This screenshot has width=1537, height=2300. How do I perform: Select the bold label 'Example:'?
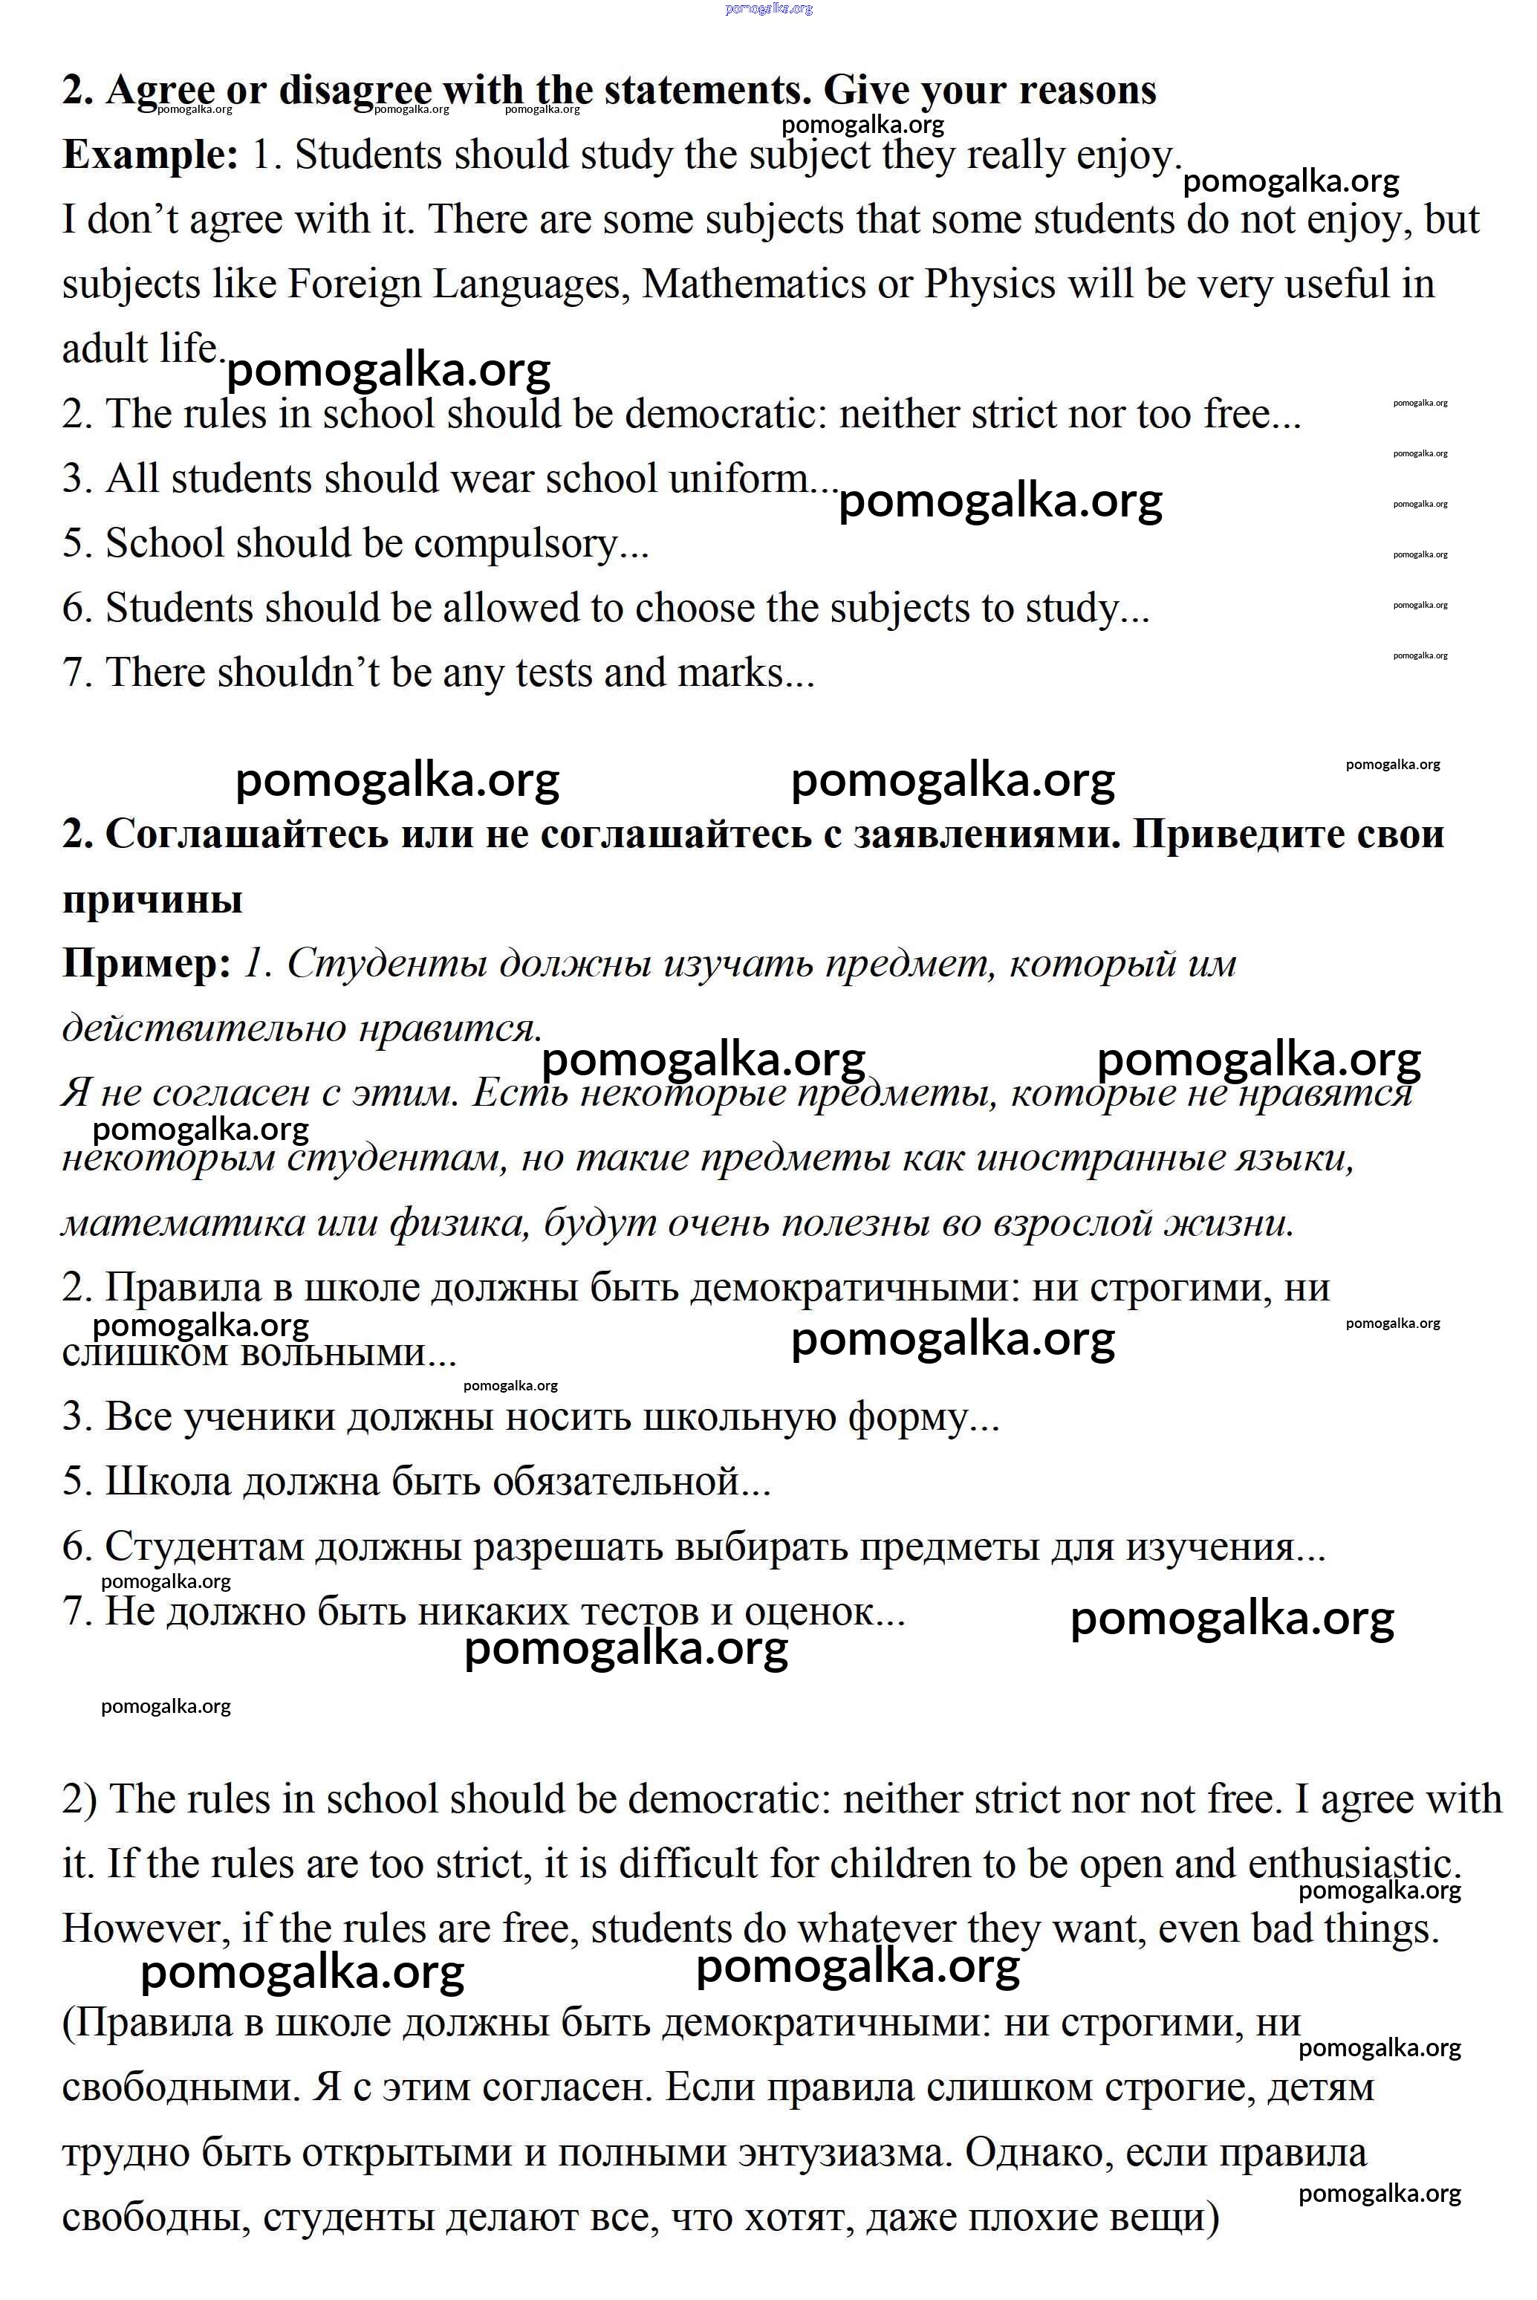pos(150,155)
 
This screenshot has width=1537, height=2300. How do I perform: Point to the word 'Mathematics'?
pos(752,285)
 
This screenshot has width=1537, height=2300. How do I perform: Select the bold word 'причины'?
pos(152,899)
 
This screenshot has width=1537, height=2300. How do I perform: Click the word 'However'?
pos(144,1928)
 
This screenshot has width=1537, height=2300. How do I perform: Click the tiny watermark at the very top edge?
pos(768,9)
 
